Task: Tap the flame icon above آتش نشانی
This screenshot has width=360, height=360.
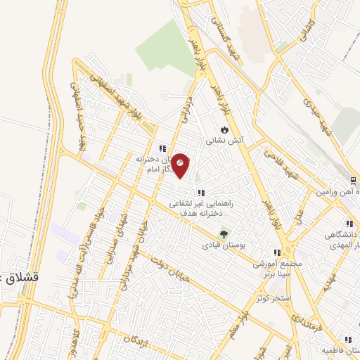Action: (224, 129)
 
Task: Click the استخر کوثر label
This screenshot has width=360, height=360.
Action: (273, 299)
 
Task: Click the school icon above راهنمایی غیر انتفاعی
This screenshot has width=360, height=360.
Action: (201, 192)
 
